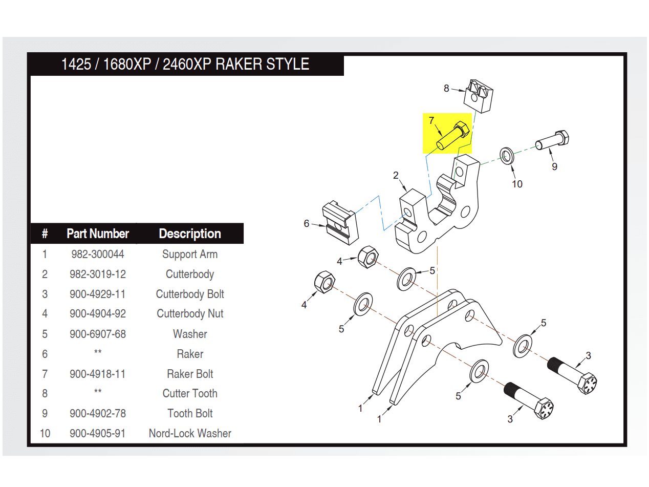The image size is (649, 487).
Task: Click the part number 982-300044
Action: coord(97,254)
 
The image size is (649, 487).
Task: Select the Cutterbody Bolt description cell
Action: coord(190,294)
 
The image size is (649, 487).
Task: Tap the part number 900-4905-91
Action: coord(97,433)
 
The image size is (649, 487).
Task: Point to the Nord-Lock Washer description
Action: coord(190,433)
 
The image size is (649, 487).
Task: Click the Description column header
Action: coord(190,234)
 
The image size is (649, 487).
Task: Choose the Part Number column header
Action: coord(97,234)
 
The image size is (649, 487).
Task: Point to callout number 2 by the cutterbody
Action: coord(396,176)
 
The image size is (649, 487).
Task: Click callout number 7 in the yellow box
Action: coord(431,120)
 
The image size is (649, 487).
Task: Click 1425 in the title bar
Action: coord(76,65)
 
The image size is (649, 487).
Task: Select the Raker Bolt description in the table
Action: coord(190,374)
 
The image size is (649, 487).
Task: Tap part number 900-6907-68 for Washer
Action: coord(97,334)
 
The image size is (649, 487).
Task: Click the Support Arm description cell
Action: coord(190,254)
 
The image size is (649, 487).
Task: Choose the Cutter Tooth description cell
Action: coord(190,393)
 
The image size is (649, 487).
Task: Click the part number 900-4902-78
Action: coord(97,413)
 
